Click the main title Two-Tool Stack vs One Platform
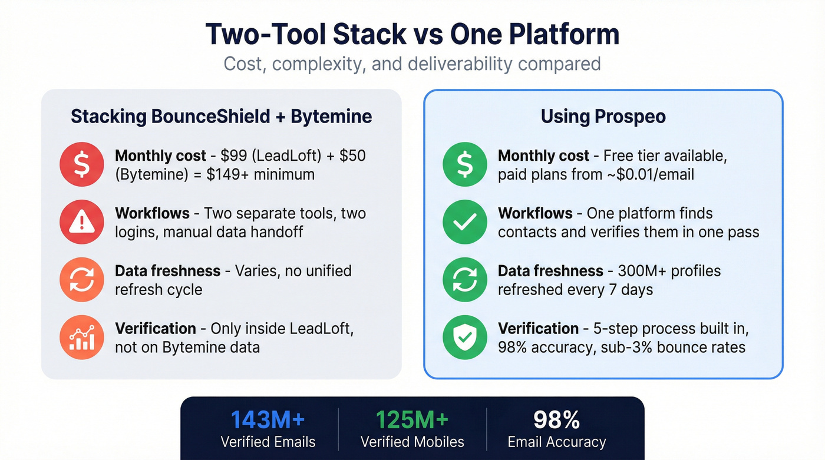coord(412,35)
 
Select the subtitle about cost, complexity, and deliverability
coord(412,64)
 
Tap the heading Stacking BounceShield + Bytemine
coord(221,116)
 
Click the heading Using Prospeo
coord(603,116)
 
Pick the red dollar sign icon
coord(82,165)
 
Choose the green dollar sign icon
coord(465,165)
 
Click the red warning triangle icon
coord(82,222)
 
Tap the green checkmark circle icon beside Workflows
coord(465,222)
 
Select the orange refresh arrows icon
coord(82,280)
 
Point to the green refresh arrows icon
coord(465,280)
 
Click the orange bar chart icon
coord(82,337)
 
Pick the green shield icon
coord(465,337)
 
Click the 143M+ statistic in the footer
coord(268,420)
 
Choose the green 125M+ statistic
coord(412,420)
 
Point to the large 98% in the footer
coord(556,420)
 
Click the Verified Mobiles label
coord(412,442)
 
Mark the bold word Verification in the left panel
coord(156,328)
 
